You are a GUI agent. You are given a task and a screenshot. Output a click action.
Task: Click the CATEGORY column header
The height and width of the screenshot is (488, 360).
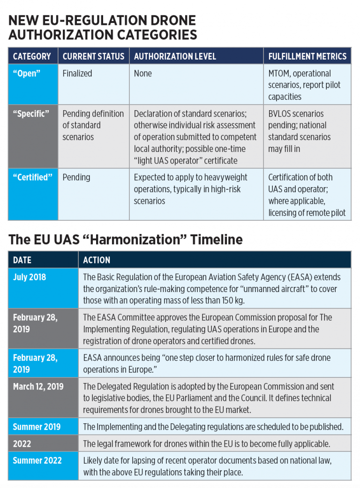point(32,56)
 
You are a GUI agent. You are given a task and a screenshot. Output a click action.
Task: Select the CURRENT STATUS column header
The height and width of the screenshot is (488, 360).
point(93,56)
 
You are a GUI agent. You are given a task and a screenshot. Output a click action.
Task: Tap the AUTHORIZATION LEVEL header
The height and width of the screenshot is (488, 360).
point(175,56)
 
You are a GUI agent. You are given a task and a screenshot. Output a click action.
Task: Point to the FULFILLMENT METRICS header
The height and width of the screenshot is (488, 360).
point(307,56)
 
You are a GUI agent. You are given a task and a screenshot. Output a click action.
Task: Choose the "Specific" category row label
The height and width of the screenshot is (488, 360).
point(30,114)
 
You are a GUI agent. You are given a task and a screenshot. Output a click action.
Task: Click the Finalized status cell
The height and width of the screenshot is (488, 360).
point(77,74)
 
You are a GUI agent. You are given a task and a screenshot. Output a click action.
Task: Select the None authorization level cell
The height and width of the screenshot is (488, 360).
point(143,74)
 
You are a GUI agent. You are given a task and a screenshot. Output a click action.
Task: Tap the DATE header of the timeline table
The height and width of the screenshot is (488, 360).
point(22,260)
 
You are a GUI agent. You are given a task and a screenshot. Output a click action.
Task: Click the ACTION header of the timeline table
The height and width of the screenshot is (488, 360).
point(97,260)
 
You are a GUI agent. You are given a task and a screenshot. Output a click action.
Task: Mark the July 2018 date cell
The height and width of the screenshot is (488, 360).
point(30,277)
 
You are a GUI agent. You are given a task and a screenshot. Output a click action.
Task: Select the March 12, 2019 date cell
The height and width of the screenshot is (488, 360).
point(38,387)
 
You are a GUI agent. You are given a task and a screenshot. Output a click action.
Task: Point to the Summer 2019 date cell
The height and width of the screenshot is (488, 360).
point(37,427)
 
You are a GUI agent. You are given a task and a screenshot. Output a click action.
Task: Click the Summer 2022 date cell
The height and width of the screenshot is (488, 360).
point(37,460)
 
